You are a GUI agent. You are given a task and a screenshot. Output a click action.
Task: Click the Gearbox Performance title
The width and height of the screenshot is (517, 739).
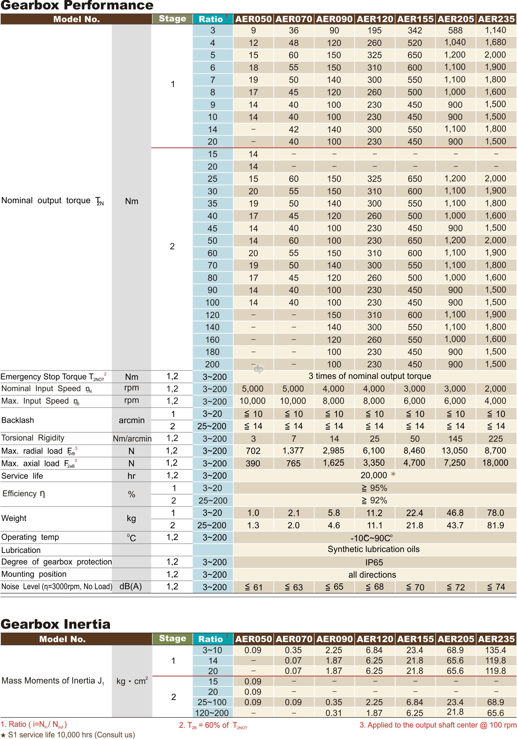[77, 5]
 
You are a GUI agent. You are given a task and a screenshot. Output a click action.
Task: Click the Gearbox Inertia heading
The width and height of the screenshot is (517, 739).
[56, 624]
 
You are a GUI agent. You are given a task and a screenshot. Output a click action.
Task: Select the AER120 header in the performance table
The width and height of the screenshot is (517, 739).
[375, 19]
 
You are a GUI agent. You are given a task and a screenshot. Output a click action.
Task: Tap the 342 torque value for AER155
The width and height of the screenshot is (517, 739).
[415, 31]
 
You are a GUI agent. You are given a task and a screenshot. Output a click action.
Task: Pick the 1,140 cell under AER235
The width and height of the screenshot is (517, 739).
[495, 30]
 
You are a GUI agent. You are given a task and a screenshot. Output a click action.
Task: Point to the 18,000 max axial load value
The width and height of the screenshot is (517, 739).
[495, 463]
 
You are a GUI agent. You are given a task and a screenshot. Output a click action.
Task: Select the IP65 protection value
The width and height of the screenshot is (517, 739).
[374, 562]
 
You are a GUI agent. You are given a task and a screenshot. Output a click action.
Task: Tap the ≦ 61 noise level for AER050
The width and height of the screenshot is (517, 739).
[253, 587]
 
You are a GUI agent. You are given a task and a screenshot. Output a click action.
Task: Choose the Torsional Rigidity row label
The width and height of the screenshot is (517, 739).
[33, 438]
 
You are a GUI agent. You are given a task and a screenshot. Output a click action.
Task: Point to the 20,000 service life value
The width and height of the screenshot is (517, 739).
[374, 475]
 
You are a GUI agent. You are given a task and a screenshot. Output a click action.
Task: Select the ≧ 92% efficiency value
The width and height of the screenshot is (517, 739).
[374, 501]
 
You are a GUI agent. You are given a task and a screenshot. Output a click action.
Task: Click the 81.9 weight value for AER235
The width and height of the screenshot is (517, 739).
[495, 525]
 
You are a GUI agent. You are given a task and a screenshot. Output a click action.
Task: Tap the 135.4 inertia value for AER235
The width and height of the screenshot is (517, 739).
[495, 650]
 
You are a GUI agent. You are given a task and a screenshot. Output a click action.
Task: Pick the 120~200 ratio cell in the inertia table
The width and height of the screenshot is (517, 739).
[212, 713]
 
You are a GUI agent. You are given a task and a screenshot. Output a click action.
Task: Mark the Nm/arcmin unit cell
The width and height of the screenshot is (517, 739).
[132, 438]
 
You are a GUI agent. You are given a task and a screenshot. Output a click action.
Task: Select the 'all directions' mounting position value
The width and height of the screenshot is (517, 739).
[372, 575]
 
